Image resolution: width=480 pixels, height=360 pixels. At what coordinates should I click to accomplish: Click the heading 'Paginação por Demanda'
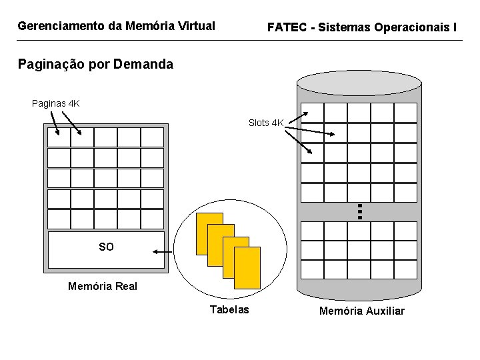[95, 65]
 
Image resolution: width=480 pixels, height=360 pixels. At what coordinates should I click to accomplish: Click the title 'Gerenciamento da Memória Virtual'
[116, 27]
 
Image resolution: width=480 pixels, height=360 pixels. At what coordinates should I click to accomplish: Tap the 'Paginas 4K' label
[56, 103]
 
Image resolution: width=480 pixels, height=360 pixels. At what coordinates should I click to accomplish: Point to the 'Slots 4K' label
[266, 123]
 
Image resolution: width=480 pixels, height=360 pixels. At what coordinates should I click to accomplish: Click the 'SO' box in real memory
[106, 247]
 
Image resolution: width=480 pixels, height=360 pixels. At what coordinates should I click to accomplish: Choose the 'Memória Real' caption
[103, 287]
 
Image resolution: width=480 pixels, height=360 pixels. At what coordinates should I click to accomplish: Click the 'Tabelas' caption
[229, 309]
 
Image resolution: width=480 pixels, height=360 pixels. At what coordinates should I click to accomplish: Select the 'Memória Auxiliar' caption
[361, 311]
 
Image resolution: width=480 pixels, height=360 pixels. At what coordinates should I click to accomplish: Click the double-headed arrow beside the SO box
[161, 252]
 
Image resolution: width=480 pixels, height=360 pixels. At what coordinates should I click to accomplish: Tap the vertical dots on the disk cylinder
[359, 212]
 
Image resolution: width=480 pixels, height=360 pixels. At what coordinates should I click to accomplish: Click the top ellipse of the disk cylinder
[359, 83]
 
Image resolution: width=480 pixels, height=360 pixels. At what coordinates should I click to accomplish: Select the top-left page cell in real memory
[59, 137]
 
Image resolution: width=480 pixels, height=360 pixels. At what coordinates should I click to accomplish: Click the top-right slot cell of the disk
[405, 112]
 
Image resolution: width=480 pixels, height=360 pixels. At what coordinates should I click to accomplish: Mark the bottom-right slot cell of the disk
[405, 269]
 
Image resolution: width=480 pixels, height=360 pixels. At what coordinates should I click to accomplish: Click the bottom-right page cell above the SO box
[152, 219]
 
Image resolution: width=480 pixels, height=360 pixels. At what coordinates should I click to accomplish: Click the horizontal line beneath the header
[240, 41]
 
